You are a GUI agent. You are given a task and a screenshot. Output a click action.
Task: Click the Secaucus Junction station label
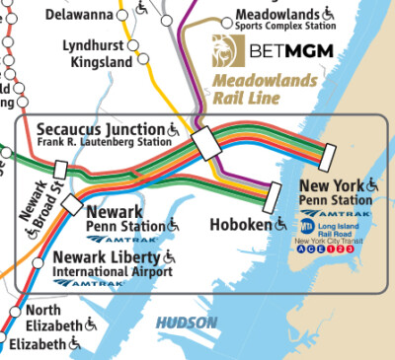coord(101,128)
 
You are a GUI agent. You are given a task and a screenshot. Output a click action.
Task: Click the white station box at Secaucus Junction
coord(209,143)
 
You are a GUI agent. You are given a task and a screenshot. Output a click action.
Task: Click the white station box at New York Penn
coord(328,156)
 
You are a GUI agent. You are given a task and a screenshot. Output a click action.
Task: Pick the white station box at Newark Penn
coord(72,202)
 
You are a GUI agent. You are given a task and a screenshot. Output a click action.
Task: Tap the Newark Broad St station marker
coord(46,170)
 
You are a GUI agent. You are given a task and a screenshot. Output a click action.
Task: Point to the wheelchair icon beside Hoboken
coord(281,225)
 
